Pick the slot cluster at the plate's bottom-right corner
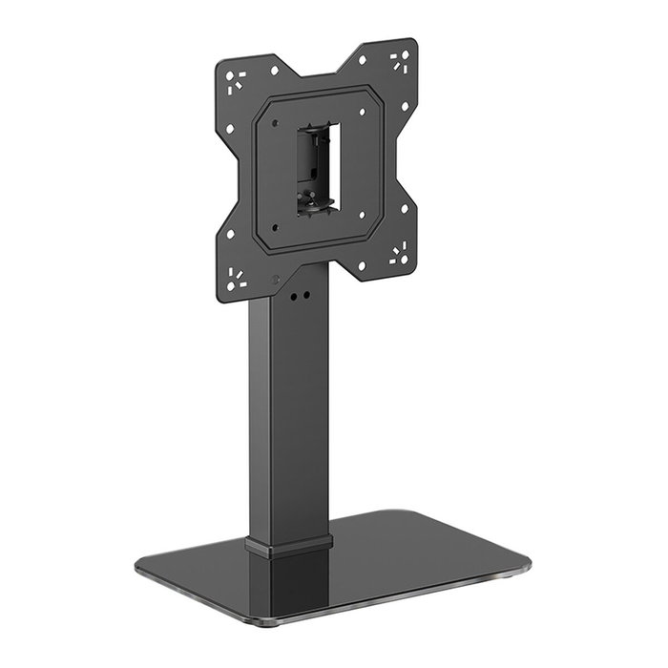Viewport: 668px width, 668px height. click(x=399, y=253)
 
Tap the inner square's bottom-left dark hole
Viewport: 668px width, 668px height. click(x=275, y=226)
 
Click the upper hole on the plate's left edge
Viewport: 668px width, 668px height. click(x=229, y=128)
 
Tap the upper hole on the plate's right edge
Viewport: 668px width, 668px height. click(x=405, y=107)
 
